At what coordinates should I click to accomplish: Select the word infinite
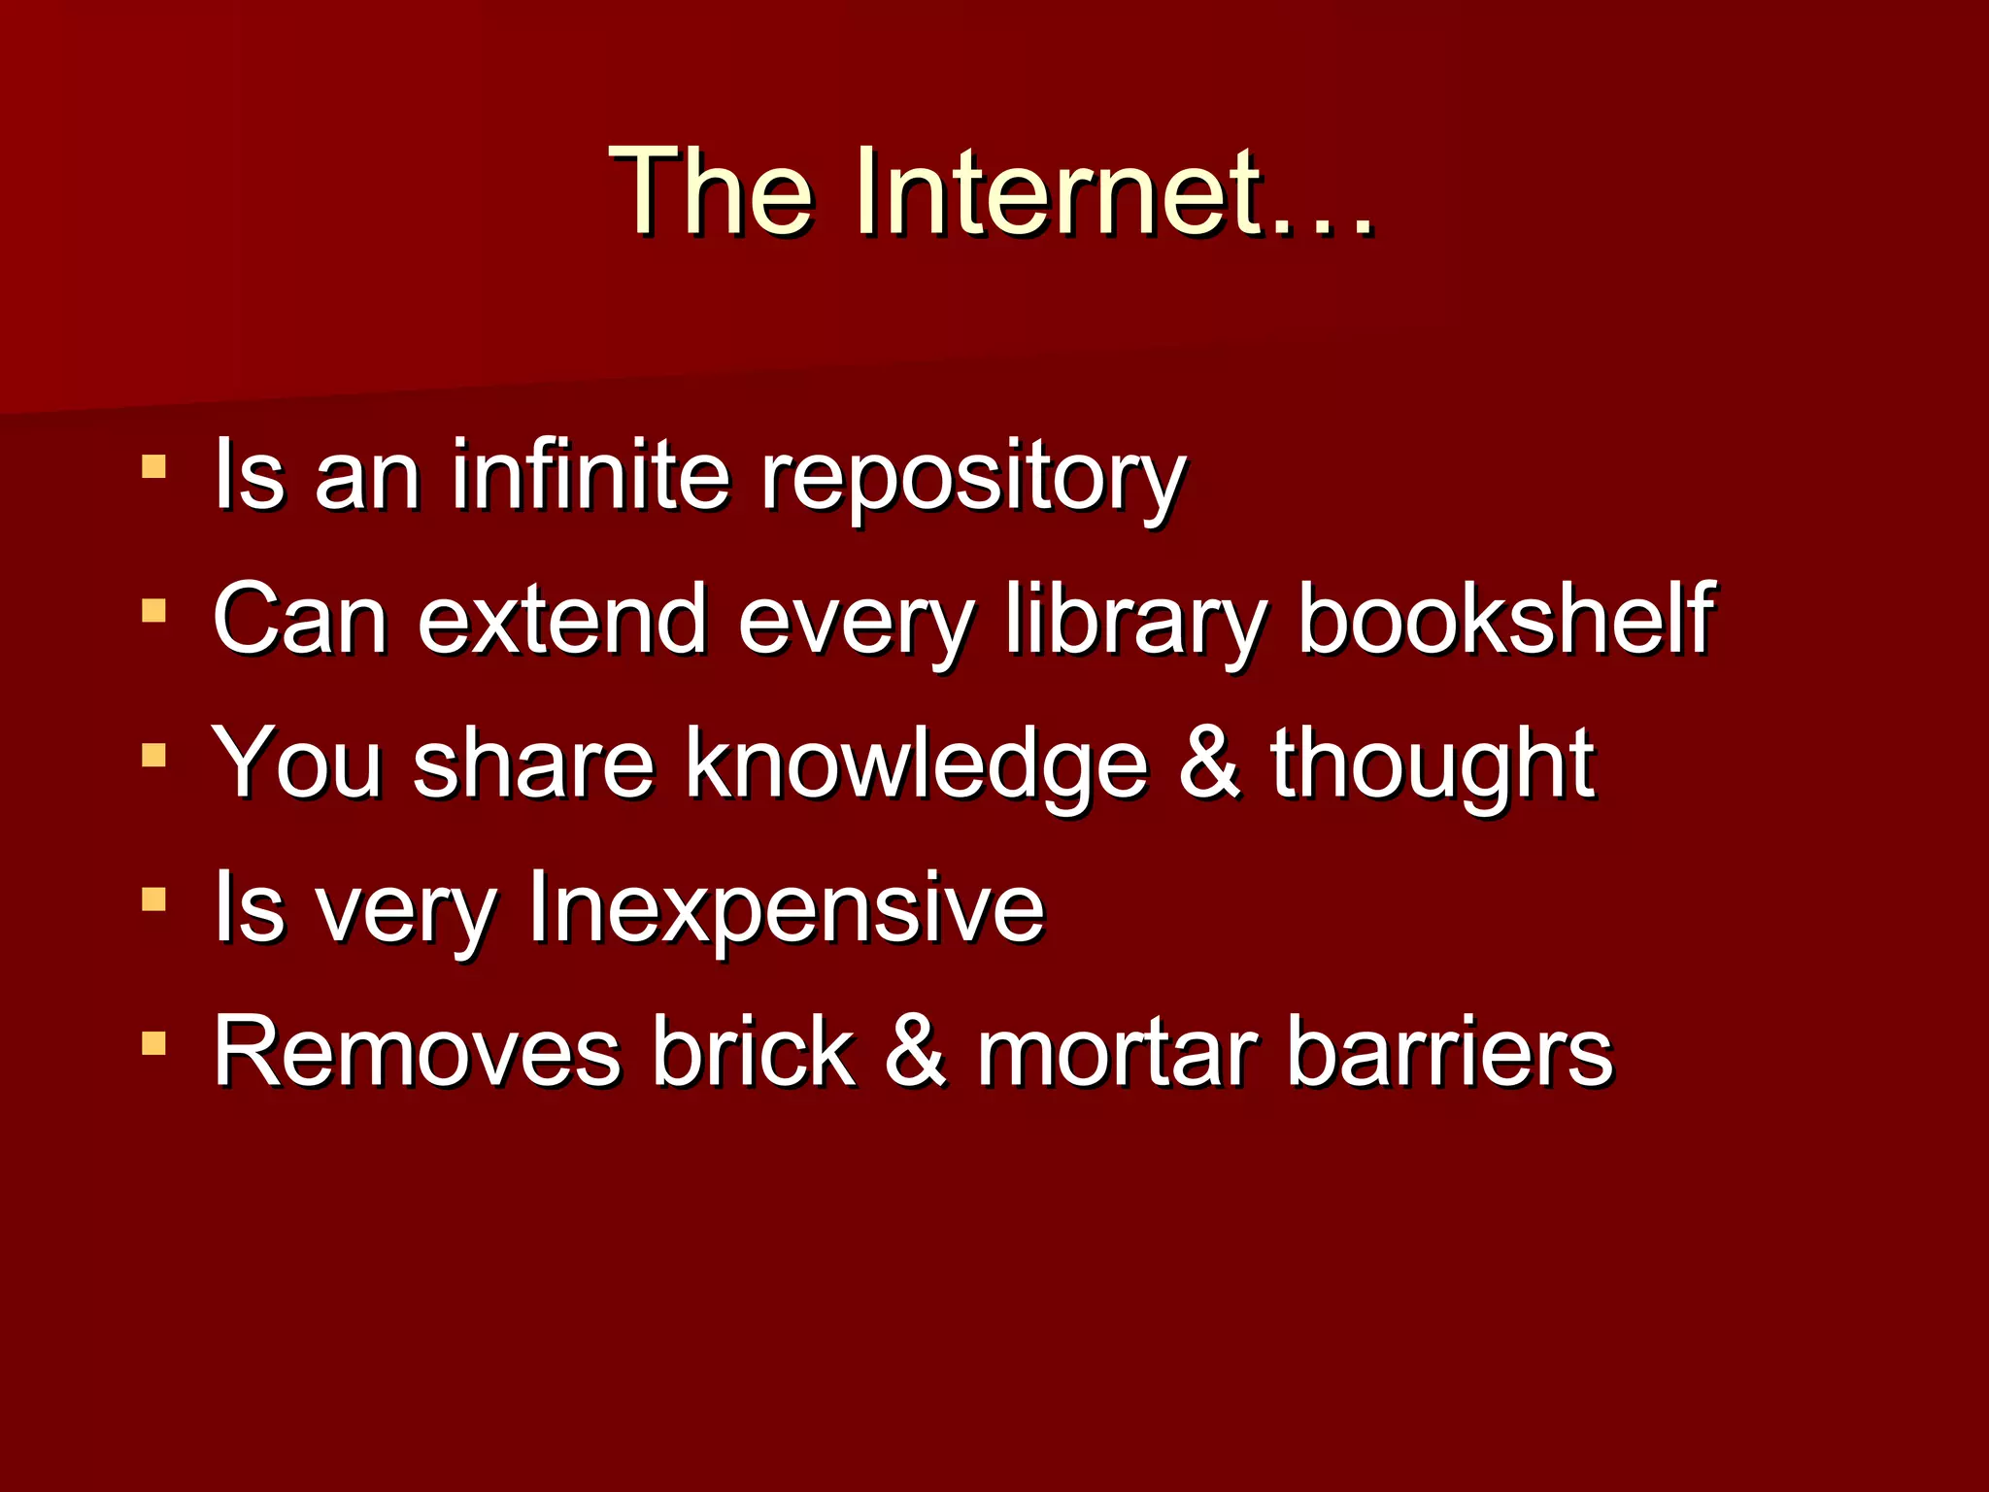pyautogui.click(x=590, y=475)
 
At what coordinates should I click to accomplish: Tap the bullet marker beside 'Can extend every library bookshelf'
pyautogui.click(x=153, y=611)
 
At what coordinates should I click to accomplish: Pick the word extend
pyautogui.click(x=562, y=620)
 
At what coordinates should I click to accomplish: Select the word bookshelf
pyautogui.click(x=1506, y=618)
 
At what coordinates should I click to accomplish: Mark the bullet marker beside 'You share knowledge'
pyautogui.click(x=153, y=755)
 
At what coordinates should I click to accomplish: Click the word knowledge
pyautogui.click(x=917, y=765)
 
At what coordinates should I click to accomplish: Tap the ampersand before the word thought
pyautogui.click(x=1209, y=763)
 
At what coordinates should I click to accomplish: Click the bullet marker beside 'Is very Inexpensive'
pyautogui.click(x=153, y=899)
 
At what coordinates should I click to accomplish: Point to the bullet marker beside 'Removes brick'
pyautogui.click(x=153, y=1043)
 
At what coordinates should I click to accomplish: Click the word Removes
pyautogui.click(x=417, y=1052)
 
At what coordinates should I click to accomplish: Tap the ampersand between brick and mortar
pyautogui.click(x=915, y=1052)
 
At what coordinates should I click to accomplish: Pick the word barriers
pyautogui.click(x=1449, y=1052)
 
